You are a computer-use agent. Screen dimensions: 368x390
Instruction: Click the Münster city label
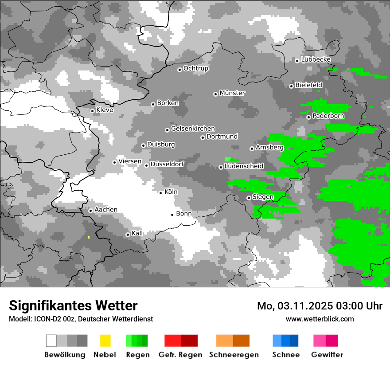pyautogui.click(x=232, y=93)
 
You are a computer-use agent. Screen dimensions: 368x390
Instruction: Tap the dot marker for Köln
pyautogui.click(x=161, y=192)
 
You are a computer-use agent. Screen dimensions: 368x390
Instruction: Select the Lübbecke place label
pyautogui.click(x=316, y=59)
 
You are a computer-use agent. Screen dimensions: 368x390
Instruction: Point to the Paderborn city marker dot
pyautogui.click(x=308, y=117)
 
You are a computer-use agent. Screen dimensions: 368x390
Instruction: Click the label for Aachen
pyautogui.click(x=106, y=210)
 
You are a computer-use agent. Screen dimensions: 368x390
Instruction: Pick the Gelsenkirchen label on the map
pyautogui.click(x=193, y=129)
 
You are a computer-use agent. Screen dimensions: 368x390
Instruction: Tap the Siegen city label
pyautogui.click(x=263, y=197)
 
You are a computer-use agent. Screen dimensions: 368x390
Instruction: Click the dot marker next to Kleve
pyautogui.click(x=92, y=111)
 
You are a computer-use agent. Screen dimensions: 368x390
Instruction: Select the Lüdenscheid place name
pyautogui.click(x=244, y=166)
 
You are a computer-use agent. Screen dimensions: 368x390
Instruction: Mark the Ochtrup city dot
pyautogui.click(x=179, y=69)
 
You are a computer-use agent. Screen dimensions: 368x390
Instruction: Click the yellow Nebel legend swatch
pyautogui.click(x=105, y=341)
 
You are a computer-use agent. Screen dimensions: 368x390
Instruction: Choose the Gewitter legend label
pyautogui.click(x=327, y=355)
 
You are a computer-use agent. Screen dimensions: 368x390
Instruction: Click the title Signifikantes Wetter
pyautogui.click(x=73, y=305)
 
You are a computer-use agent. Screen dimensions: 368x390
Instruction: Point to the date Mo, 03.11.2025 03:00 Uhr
pyautogui.click(x=320, y=306)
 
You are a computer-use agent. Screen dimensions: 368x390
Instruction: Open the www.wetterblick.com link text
pyautogui.click(x=320, y=319)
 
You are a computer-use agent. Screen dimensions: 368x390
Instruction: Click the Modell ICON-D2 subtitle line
pyautogui.click(x=81, y=319)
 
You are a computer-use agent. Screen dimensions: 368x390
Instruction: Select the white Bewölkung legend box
pyautogui.click(x=51, y=341)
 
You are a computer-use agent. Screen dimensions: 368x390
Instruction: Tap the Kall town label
pyautogui.click(x=137, y=233)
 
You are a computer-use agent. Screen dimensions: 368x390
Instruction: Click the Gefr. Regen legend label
pyautogui.click(x=180, y=355)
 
